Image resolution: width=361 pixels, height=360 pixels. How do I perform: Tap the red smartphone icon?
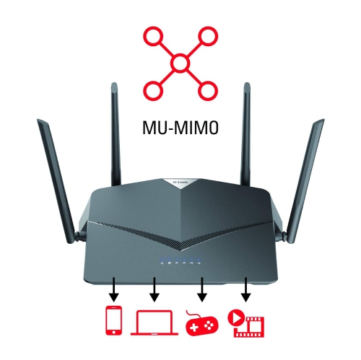[x=113, y=322]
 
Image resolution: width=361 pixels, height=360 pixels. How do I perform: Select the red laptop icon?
[x=154, y=323]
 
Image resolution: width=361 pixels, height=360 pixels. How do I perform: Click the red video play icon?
[x=247, y=322]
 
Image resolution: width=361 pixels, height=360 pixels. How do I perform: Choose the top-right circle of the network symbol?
[x=209, y=35]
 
